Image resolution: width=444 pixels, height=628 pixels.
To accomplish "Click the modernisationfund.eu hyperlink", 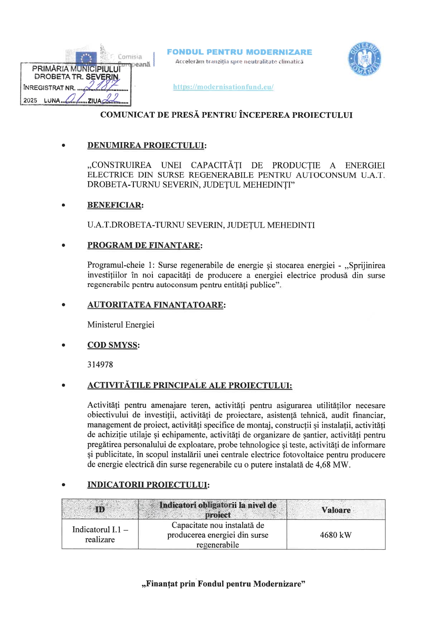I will tap(223, 87).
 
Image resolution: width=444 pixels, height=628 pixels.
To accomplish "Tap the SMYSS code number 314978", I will tap(100, 365).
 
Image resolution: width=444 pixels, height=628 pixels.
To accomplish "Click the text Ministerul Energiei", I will tap(121, 325).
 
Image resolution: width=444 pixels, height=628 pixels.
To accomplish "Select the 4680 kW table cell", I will tap(336, 535).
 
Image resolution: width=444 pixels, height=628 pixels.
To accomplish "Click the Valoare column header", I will tap(336, 510).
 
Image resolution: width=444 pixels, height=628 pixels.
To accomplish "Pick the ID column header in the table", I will tap(100, 509).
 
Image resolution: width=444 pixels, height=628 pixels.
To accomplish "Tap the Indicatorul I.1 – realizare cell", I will tap(100, 535).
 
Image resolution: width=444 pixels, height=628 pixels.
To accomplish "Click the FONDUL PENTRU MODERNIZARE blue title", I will tap(239, 52).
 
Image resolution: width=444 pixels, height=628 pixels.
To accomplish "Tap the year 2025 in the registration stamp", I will tap(30, 101).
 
